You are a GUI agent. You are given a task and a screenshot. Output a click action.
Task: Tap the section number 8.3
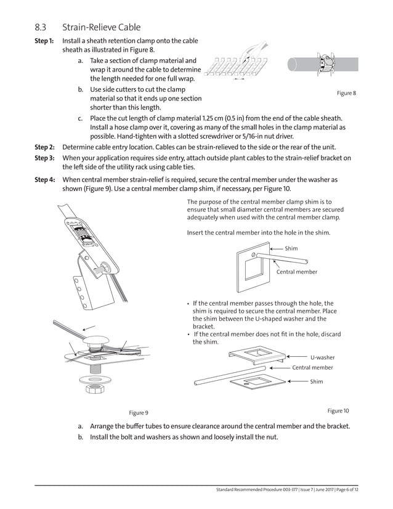coord(41,27)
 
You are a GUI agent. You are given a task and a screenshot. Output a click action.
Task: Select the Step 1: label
coord(44,41)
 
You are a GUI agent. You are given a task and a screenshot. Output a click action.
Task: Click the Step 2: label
coord(44,148)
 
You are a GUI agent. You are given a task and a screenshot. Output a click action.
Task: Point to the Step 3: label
coord(44,158)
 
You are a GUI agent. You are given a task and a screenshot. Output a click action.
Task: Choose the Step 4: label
coord(44,180)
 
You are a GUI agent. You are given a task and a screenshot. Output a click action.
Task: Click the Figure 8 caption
coord(346,93)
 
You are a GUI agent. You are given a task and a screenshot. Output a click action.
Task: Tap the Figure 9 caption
coord(138,412)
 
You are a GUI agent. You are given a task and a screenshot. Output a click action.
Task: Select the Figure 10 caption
coord(338,410)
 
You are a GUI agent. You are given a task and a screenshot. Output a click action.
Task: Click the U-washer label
coord(322,357)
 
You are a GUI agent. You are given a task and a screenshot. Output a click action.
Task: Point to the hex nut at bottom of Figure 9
coord(95,389)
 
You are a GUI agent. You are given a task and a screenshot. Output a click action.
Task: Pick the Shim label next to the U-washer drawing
coord(316,381)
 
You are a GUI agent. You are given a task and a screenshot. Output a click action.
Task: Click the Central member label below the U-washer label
coord(312,367)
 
